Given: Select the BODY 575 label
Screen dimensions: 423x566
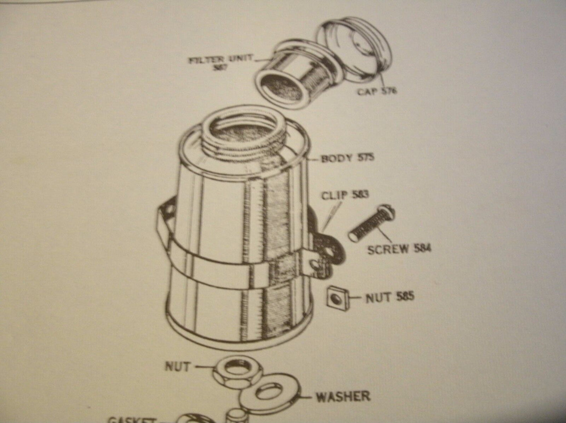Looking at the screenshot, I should click(347, 158).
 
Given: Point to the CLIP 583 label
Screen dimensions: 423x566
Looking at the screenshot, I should click(345, 195).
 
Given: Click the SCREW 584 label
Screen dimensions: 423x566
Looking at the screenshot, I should click(399, 249).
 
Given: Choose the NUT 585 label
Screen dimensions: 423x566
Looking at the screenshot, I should click(389, 297).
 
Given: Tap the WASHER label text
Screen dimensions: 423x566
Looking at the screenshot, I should click(343, 396).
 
